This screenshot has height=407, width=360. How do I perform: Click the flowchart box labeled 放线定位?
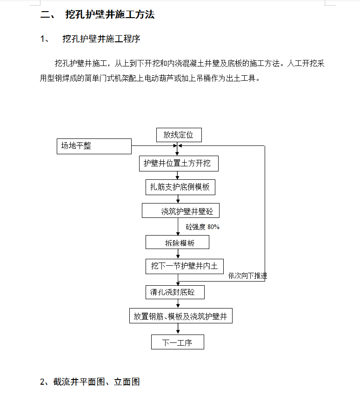(179, 135)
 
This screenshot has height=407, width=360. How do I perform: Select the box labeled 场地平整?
(94, 146)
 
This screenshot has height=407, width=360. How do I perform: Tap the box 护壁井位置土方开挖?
(179, 164)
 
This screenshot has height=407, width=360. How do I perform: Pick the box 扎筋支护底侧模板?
(180, 187)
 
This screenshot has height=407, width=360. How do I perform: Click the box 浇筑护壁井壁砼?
(180, 210)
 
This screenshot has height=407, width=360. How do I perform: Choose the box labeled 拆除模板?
(177, 242)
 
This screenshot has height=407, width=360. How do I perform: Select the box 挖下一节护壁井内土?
(185, 266)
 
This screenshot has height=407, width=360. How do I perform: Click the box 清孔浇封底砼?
(175, 292)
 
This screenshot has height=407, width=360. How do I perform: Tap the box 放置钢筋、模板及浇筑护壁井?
(181, 315)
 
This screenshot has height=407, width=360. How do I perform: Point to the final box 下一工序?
(178, 342)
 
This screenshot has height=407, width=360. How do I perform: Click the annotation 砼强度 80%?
(202, 227)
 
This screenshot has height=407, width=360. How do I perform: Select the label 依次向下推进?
(248, 276)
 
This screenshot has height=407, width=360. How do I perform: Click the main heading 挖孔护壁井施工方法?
(110, 14)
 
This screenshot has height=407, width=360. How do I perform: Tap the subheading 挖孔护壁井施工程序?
(101, 39)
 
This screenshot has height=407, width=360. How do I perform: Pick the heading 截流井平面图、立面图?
(96, 382)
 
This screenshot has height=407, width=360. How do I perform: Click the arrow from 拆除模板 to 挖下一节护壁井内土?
(178, 254)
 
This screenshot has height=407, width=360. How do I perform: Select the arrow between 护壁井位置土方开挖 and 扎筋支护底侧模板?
(178, 176)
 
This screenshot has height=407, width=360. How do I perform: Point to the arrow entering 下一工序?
(178, 329)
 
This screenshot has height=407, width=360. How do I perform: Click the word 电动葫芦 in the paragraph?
(159, 78)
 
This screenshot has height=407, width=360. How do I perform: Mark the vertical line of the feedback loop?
(265, 213)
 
